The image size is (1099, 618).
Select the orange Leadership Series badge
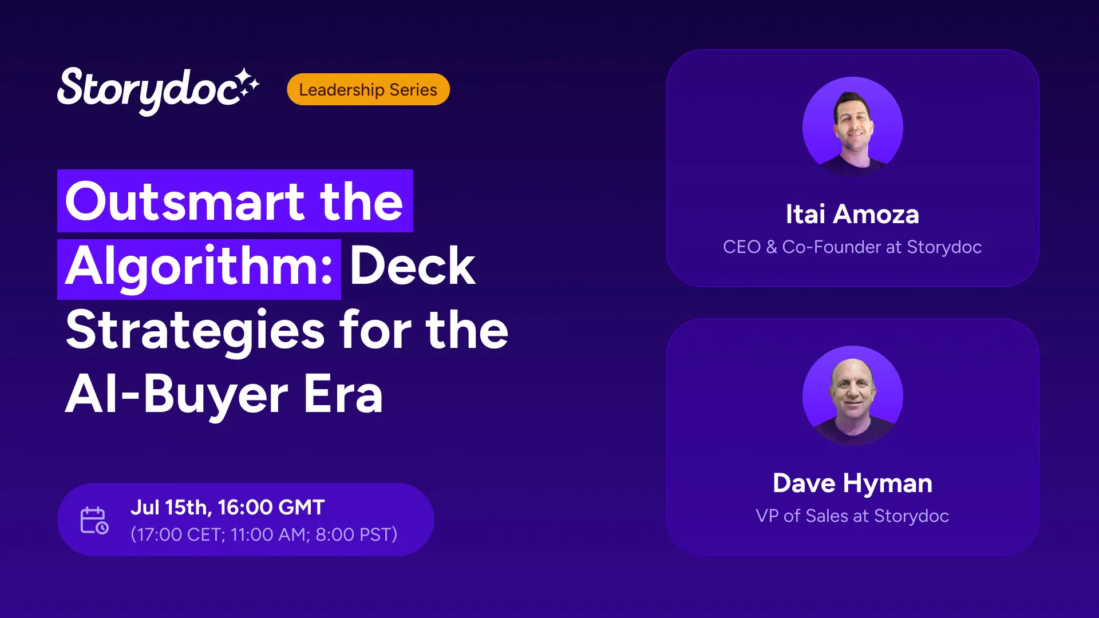click(368, 89)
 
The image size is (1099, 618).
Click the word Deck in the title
click(412, 266)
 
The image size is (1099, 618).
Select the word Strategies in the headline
click(195, 332)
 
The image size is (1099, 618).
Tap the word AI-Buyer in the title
click(177, 396)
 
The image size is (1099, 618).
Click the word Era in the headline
click(343, 394)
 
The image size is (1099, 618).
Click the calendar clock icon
click(94, 520)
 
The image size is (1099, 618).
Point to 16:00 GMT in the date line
click(271, 508)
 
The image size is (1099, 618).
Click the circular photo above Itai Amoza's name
click(853, 127)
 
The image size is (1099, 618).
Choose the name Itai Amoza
click(852, 215)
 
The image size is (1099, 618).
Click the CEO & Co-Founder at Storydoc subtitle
click(852, 247)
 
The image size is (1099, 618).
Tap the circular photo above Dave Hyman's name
click(853, 396)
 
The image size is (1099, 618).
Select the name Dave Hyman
click(852, 484)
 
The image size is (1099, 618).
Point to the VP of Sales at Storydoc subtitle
click(852, 516)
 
